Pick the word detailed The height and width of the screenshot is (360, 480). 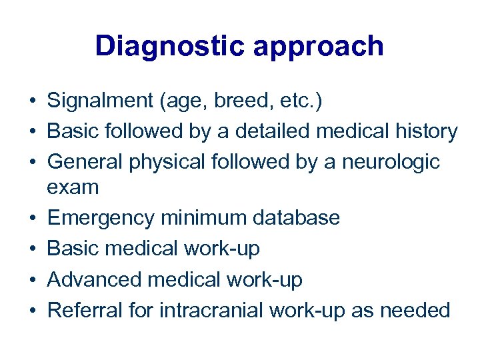click(x=269, y=131)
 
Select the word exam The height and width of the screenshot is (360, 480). click(x=73, y=187)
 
